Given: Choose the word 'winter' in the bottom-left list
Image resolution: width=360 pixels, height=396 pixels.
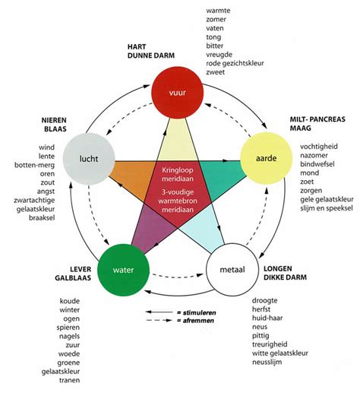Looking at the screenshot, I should [x=69, y=309].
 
